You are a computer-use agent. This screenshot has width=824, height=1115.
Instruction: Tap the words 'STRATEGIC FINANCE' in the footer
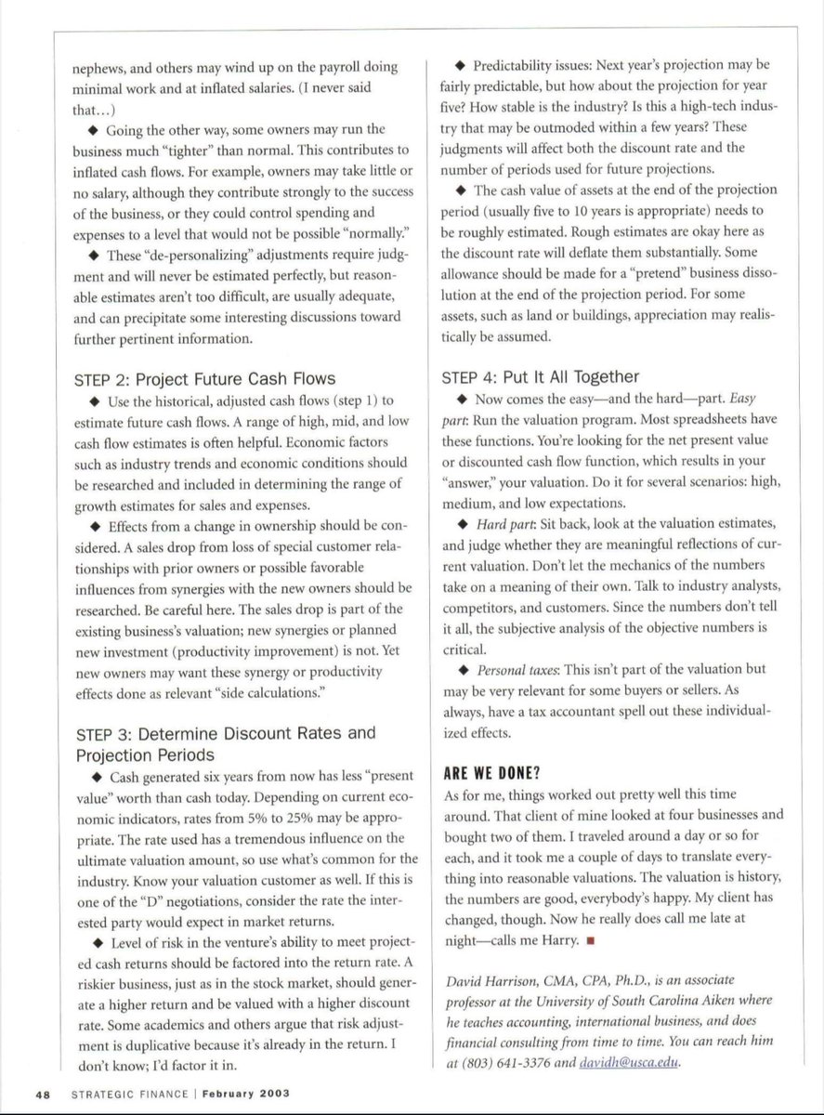(122, 1093)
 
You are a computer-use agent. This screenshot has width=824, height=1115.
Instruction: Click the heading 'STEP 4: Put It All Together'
(540, 376)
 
